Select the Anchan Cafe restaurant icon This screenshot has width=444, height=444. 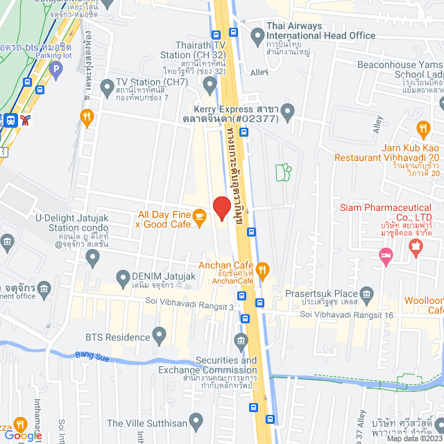(x=262, y=269)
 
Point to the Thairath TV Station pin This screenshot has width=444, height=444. (x=211, y=85)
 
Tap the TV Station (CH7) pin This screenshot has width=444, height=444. (x=107, y=87)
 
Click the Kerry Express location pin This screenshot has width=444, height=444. (x=289, y=110)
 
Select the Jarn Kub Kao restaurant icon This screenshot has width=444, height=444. (x=423, y=128)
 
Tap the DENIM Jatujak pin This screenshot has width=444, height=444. (x=122, y=280)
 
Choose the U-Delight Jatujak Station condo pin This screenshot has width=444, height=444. (x=93, y=258)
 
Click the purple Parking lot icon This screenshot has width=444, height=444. (x=55, y=68)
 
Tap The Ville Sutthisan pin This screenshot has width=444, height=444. (x=196, y=421)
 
